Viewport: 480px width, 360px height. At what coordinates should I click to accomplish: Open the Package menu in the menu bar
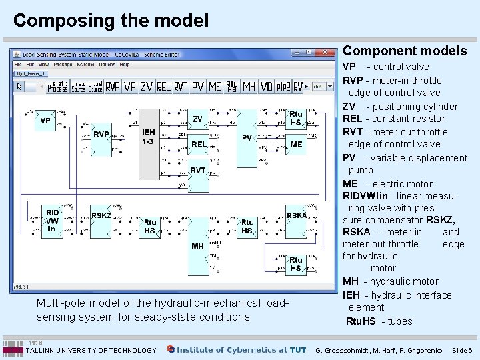coord(63,65)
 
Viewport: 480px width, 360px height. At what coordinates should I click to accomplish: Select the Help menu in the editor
coord(125,65)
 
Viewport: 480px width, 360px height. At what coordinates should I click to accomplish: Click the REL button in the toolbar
coord(163,87)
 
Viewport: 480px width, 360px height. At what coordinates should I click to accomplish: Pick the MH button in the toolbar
coord(249,87)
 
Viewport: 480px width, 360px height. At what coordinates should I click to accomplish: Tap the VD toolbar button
coord(267,87)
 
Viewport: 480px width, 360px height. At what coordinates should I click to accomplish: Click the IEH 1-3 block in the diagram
coord(148,137)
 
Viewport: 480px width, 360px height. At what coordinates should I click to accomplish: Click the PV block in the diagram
coord(247,138)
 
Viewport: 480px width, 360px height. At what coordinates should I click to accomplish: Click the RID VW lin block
coord(52,221)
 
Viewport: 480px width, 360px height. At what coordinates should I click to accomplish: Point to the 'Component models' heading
coord(405,51)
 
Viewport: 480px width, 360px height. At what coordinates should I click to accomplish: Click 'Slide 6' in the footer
coord(461,350)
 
